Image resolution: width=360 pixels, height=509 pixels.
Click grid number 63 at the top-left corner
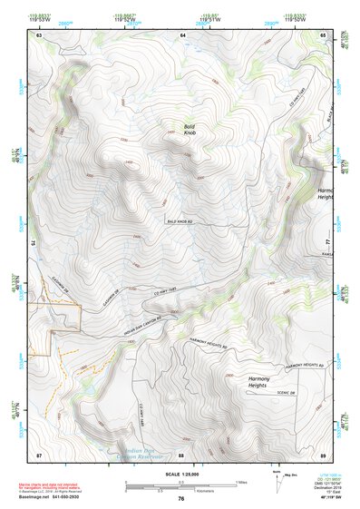[x=39, y=34]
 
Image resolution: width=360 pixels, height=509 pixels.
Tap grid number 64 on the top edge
[x=182, y=34]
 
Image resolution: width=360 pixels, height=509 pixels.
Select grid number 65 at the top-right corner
[x=324, y=34]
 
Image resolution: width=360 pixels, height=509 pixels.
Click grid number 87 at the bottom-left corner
[x=39, y=454]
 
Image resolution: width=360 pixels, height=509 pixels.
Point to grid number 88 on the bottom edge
[x=181, y=454]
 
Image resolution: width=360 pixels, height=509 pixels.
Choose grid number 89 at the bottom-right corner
[x=324, y=454]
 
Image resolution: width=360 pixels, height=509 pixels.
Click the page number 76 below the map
[x=181, y=498]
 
